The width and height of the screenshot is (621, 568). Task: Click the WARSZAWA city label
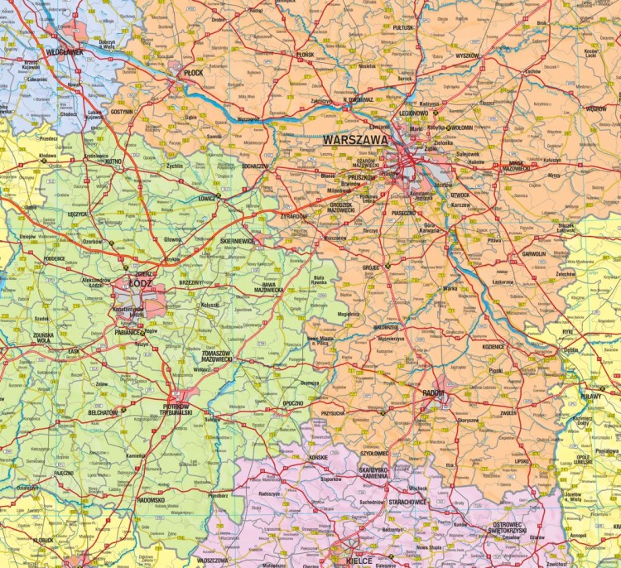pos(355,141)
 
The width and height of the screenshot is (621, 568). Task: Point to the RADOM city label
pos(433,392)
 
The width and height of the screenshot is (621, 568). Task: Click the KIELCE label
pos(359,561)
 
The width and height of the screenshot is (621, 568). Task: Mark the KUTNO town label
pos(114,162)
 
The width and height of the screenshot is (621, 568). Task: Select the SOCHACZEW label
pos(255,166)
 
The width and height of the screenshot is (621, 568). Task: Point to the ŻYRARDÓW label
pos(294,216)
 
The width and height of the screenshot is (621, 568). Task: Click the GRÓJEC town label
pos(370,267)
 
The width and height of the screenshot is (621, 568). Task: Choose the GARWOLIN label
pos(533,254)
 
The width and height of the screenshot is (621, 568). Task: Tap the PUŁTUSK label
pos(403,27)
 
